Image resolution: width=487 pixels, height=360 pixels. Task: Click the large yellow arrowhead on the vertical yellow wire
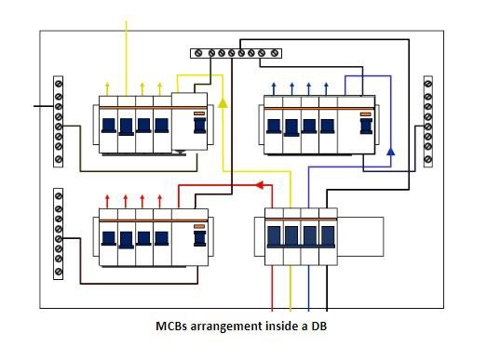222,97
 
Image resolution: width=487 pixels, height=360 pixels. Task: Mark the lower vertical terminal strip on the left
59,233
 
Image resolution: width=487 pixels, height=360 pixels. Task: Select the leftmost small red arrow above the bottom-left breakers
110,199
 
